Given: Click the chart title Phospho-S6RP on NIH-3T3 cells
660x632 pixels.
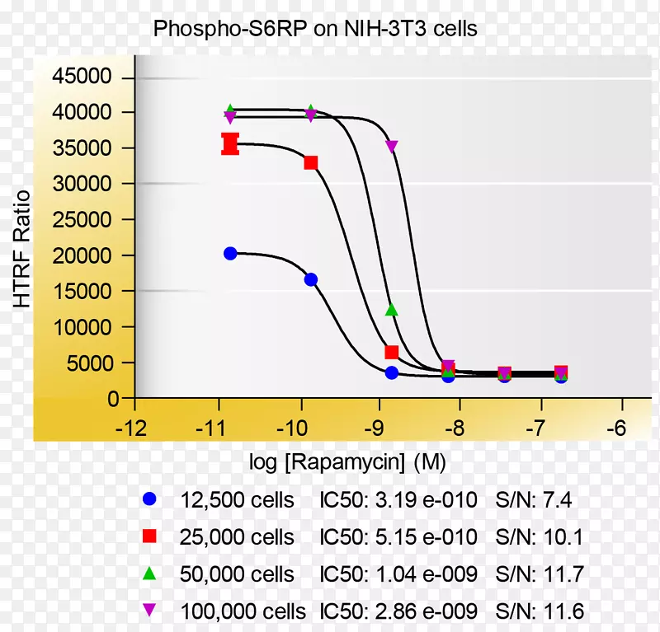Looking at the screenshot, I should (x=316, y=29).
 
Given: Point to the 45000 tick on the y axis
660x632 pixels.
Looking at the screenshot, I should (x=81, y=77).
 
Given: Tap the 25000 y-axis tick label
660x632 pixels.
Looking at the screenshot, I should (x=81, y=184).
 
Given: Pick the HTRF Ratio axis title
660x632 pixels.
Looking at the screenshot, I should (x=22, y=249).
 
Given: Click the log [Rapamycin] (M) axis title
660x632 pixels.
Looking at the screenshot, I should (x=347, y=462).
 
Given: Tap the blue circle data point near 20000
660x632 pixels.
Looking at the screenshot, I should (x=230, y=253).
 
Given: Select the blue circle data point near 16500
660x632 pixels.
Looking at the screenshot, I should (x=311, y=279).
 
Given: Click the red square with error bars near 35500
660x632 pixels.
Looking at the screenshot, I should (x=230, y=144).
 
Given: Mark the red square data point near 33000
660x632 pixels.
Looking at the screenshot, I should (x=311, y=162).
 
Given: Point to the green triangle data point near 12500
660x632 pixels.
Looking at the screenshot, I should (x=392, y=310).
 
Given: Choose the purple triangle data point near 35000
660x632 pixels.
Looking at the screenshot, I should (x=392, y=147).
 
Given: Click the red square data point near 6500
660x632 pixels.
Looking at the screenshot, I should (x=392, y=352).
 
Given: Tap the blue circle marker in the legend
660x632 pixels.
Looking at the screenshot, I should (x=149, y=499).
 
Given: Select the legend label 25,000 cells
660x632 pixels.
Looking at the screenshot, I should (x=237, y=538).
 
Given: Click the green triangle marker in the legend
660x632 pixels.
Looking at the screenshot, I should (x=149, y=573).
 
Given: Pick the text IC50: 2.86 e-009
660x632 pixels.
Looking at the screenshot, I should (x=398, y=611).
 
